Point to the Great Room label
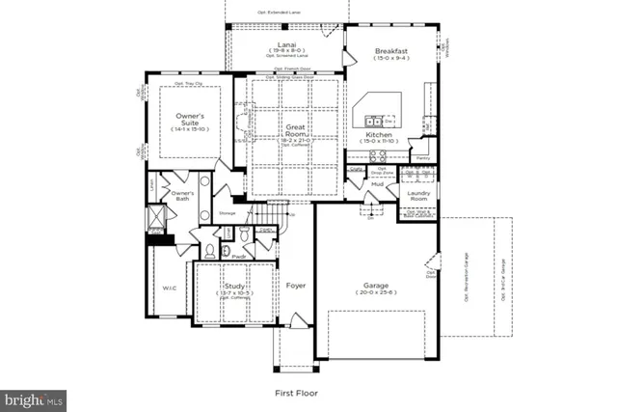pos(295,130)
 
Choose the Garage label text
pos(376,286)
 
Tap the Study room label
pos(235,287)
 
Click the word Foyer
pos(295,286)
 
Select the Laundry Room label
pos(417,196)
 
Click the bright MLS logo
pos(35,398)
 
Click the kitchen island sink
pos(375,122)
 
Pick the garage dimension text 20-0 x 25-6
pos(376,295)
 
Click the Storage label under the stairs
pos(227,212)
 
